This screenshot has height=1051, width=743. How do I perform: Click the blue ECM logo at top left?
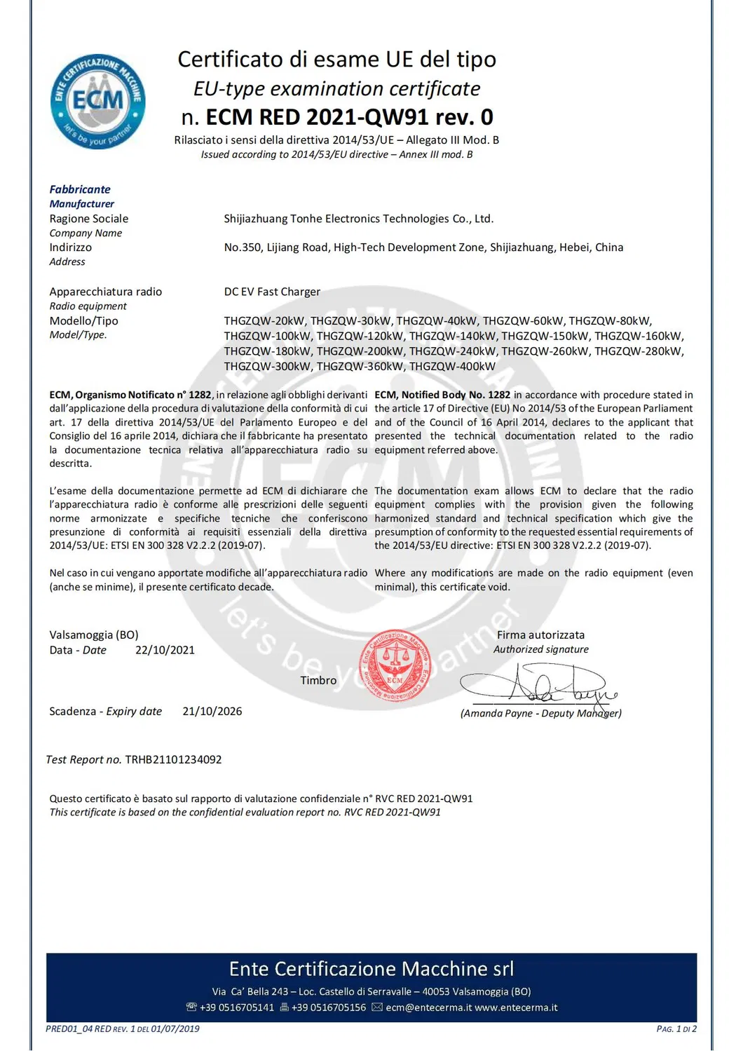[97, 101]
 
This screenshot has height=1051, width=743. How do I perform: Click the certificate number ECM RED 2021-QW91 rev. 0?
[349, 116]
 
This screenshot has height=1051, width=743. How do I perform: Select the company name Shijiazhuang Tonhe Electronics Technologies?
[358, 219]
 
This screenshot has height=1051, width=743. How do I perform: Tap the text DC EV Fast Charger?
[272, 292]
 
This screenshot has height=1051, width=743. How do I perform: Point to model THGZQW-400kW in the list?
[452, 366]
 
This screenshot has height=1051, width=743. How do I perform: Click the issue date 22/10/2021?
[165, 650]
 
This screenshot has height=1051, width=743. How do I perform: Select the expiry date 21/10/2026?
[212, 711]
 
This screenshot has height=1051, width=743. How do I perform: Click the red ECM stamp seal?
[395, 666]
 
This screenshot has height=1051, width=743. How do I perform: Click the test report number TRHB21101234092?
[173, 759]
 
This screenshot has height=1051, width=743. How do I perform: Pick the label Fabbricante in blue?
[80, 189]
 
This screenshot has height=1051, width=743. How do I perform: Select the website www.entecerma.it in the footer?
[516, 1008]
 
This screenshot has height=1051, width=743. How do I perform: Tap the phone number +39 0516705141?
[236, 1008]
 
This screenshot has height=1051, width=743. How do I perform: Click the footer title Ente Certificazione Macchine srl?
[371, 969]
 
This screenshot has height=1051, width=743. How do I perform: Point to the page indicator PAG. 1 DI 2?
[676, 1029]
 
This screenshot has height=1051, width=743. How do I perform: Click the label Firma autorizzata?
[540, 635]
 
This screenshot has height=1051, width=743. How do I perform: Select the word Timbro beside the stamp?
[318, 680]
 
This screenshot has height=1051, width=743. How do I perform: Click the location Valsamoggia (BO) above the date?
[94, 635]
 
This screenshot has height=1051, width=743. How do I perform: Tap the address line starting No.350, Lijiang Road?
[423, 248]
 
